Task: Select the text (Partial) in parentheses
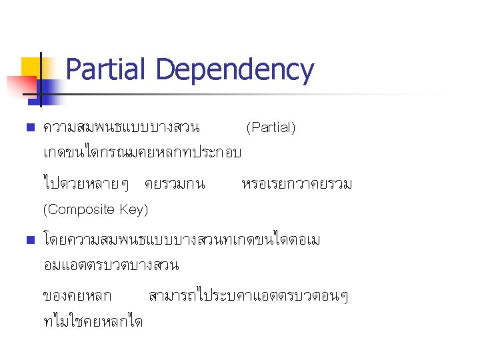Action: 271,127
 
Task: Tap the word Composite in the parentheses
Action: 79,209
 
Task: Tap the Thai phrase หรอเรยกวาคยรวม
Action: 297,183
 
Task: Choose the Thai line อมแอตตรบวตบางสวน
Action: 110,265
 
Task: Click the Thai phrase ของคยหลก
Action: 77,295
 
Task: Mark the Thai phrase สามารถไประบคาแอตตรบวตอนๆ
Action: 248,295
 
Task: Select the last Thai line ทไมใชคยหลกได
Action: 93,321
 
